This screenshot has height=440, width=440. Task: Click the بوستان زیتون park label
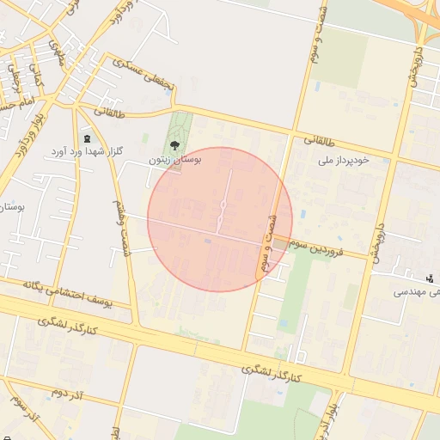pyautogui.click(x=174, y=160)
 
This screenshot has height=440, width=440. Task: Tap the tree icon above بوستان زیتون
pyautogui.click(x=175, y=144)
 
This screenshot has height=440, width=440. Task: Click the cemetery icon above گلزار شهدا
pyautogui.click(x=87, y=139)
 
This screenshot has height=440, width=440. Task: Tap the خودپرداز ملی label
pyautogui.click(x=343, y=160)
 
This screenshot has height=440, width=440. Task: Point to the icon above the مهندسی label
pyautogui.click(x=429, y=277)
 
